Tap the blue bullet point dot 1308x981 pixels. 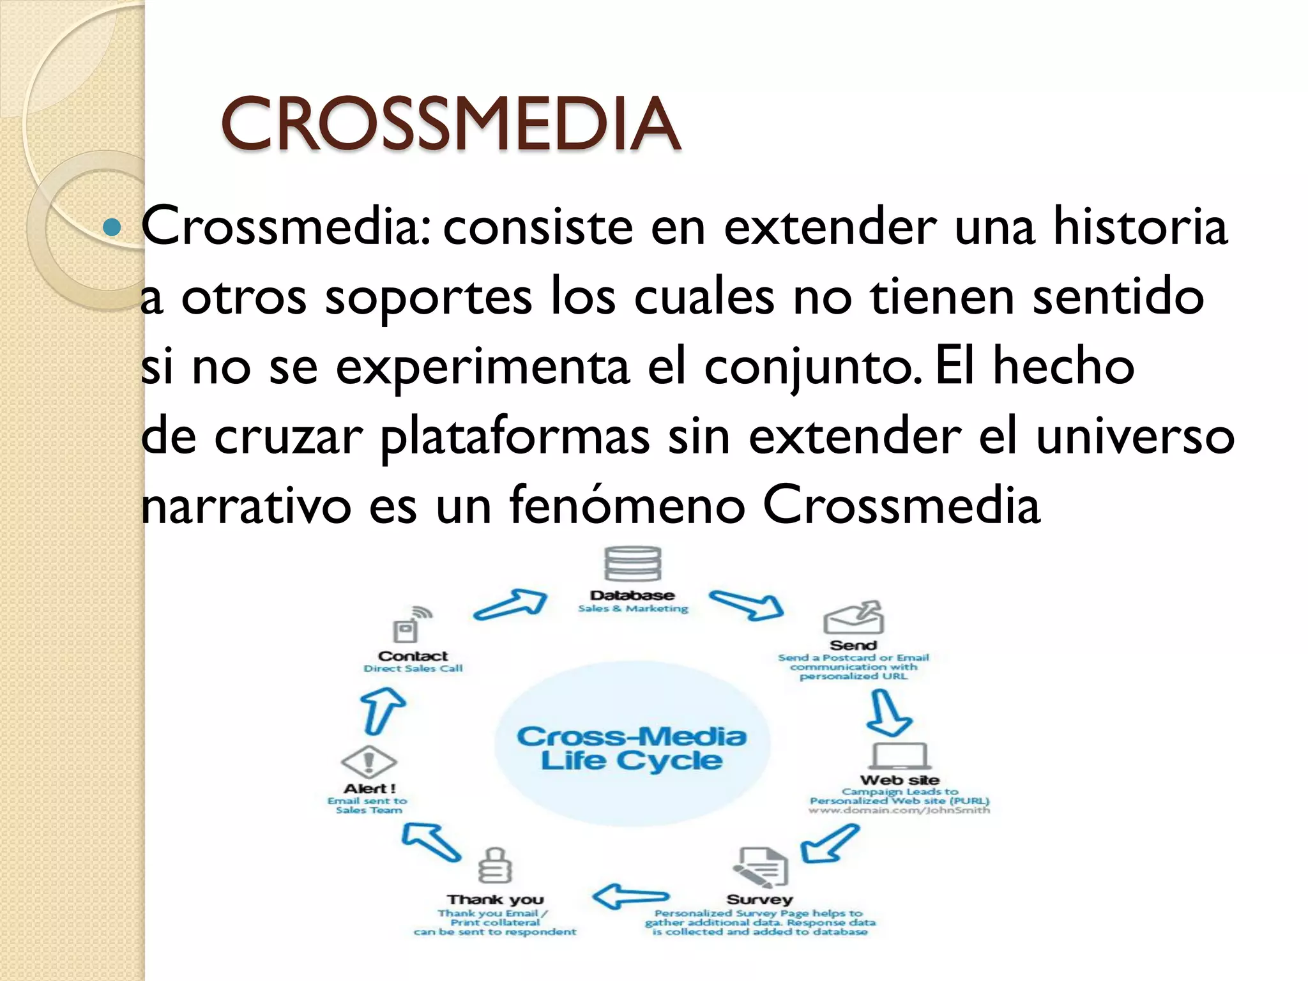pos(112,227)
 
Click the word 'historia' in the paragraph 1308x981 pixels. pos(1140,226)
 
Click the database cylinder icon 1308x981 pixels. pos(632,564)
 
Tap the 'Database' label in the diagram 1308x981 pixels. pos(632,595)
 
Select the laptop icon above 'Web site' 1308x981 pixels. pos(899,756)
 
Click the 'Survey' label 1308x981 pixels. pos(759,899)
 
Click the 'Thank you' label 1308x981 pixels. pos(495,899)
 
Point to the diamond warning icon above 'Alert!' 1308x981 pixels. pos(369,762)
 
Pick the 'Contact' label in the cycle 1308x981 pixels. pos(413,656)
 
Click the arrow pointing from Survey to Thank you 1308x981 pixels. pos(630,897)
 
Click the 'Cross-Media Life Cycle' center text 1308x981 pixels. pos(632,748)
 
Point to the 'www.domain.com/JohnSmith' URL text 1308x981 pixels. pos(899,810)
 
